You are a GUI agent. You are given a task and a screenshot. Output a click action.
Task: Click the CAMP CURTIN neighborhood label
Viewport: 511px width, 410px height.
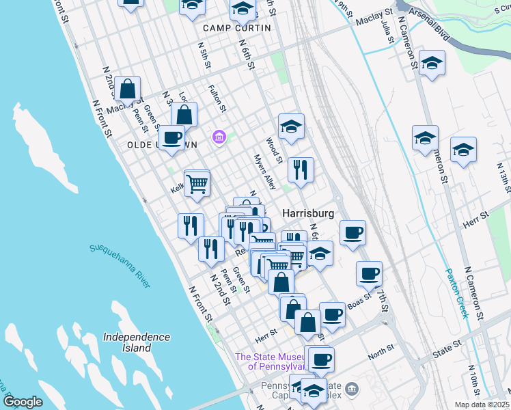237,28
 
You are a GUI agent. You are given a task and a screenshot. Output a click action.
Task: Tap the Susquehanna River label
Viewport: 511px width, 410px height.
120,266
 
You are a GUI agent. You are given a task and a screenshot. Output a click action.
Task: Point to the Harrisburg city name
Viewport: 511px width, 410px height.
308,213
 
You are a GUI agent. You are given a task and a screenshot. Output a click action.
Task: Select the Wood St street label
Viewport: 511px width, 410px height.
274,150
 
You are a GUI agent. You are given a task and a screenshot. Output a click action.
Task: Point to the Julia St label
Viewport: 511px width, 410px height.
387,31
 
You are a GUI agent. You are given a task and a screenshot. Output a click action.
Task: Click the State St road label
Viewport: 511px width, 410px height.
452,351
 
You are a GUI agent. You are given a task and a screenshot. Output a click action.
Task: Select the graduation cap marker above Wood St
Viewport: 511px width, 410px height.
291,126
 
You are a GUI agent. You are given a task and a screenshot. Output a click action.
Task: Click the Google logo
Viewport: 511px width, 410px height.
23,402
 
